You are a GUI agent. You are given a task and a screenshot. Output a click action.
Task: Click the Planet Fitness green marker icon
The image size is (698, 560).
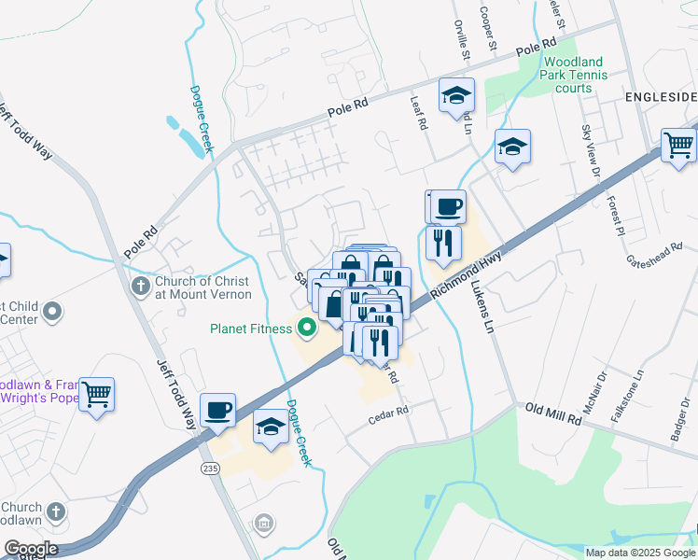click(x=305, y=328)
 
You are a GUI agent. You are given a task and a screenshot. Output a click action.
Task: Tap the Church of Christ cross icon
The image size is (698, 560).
click(x=140, y=286)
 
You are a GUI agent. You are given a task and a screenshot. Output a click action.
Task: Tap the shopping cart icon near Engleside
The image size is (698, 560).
click(x=678, y=145)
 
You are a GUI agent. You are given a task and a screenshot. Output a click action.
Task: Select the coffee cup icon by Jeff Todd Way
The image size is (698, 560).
click(x=217, y=409)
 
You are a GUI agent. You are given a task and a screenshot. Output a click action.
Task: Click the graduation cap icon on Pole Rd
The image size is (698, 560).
click(x=457, y=94)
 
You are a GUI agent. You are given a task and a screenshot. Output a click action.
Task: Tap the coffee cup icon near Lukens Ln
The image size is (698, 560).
click(x=448, y=205)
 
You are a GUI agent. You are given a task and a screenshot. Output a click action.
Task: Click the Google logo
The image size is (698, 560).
click(x=31, y=549)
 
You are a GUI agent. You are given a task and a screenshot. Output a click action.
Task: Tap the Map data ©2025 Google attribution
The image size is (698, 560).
click(x=638, y=553)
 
